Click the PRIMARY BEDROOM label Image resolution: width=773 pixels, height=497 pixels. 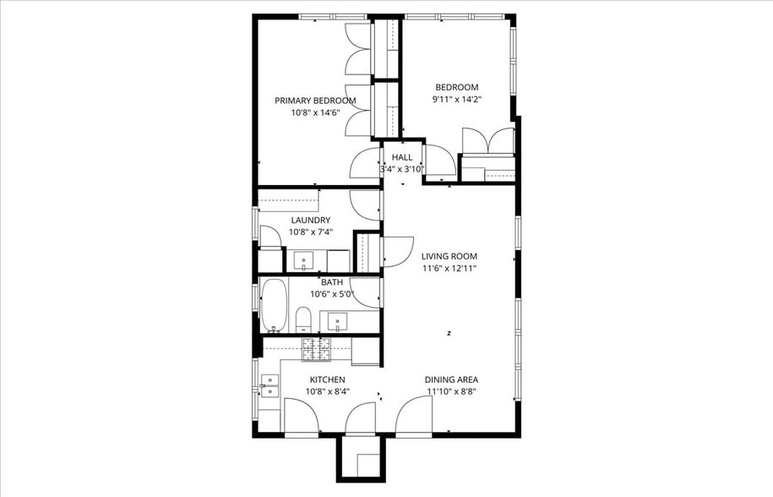click(x=315, y=100)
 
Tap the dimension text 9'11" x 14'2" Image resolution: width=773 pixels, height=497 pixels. click(x=456, y=98)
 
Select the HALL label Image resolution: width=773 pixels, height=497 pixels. click(x=402, y=157)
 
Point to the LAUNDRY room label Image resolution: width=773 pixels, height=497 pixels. click(x=310, y=221)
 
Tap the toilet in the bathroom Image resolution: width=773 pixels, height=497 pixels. click(x=303, y=319)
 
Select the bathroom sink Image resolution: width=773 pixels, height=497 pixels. click(x=338, y=321)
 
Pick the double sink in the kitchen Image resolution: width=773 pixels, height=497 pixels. click(x=269, y=385)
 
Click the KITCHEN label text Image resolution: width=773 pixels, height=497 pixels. click(x=327, y=380)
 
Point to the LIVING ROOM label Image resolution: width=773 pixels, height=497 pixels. click(x=449, y=256)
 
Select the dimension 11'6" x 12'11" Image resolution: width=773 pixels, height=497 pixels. click(x=449, y=269)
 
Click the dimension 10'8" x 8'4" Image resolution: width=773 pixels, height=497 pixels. click(x=327, y=391)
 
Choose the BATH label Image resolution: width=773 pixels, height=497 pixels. click(x=331, y=282)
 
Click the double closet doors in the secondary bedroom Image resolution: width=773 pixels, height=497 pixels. click(x=487, y=141)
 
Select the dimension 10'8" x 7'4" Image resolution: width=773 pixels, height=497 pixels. click(x=310, y=232)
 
